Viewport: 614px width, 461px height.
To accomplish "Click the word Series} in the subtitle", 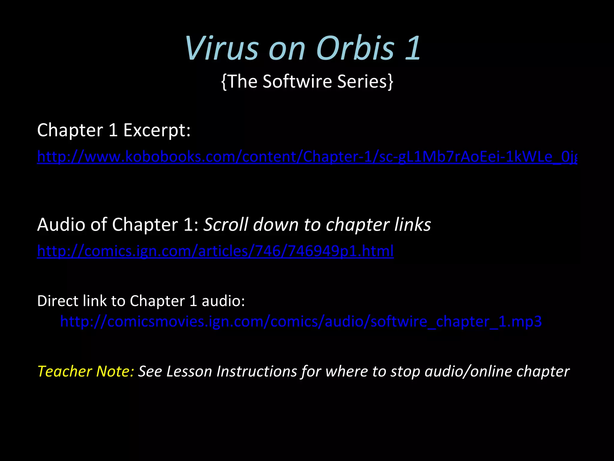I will pos(365,81).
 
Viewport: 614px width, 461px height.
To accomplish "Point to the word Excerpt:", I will pos(157,130).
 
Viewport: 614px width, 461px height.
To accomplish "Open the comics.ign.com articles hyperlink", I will pos(215,251).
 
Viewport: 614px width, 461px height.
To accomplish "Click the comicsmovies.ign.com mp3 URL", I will pos(301,321).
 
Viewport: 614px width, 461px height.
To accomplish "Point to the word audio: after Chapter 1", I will pos(223,301).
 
